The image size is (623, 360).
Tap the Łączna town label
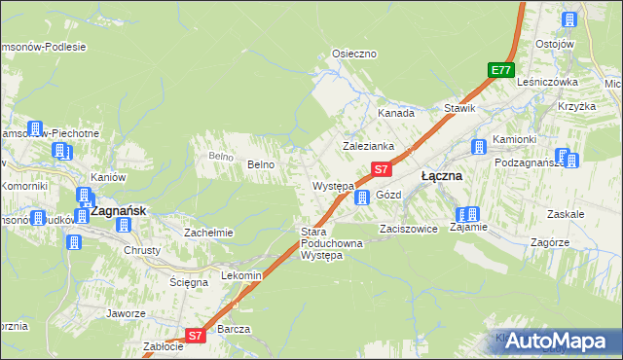pyautogui.click(x=441, y=177)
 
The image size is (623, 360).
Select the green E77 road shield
pyautogui.click(x=501, y=70)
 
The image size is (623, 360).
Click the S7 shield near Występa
pyautogui.click(x=382, y=169)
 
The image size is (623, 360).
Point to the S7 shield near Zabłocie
pyautogui.click(x=195, y=336)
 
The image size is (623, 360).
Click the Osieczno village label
pyautogui.click(x=354, y=54)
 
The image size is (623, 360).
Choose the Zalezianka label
pyautogui.click(x=367, y=146)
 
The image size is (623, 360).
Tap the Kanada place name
pyautogui.click(x=395, y=113)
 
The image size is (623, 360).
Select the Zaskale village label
pyautogui.click(x=566, y=213)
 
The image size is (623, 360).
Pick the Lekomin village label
pyautogui.click(x=241, y=275)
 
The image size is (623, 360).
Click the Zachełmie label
pyautogui.click(x=208, y=233)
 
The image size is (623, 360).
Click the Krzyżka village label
pyautogui.click(x=575, y=106)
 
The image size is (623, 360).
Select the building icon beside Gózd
pyautogui.click(x=362, y=198)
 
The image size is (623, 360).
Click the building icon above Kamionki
pyautogui.click(x=479, y=147)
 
